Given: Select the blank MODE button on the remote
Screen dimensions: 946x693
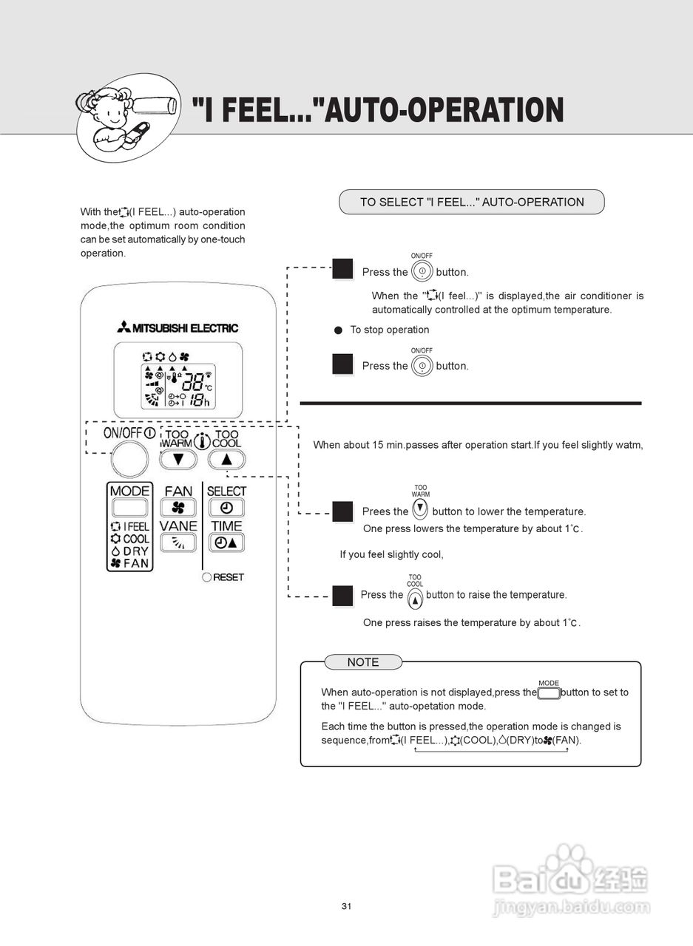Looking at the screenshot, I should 129,508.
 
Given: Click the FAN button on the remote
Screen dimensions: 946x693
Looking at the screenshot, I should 178,508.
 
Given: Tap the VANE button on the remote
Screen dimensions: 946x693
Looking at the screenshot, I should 178,542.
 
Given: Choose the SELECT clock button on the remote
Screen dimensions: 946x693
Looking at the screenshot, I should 226,508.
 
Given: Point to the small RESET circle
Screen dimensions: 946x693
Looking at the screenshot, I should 206,577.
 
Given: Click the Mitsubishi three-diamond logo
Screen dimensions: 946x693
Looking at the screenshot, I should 123,327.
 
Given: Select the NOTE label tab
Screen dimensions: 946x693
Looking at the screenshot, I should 363,662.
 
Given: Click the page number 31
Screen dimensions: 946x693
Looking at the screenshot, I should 346,906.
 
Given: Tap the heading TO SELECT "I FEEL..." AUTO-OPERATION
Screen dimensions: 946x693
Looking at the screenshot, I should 472,202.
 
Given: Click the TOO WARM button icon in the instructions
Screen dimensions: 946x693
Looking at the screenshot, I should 420,508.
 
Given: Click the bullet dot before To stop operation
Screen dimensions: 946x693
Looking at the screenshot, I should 339,330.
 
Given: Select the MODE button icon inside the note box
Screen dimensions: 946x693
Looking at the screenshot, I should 549,693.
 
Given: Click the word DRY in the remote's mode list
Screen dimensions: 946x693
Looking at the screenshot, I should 136,551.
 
